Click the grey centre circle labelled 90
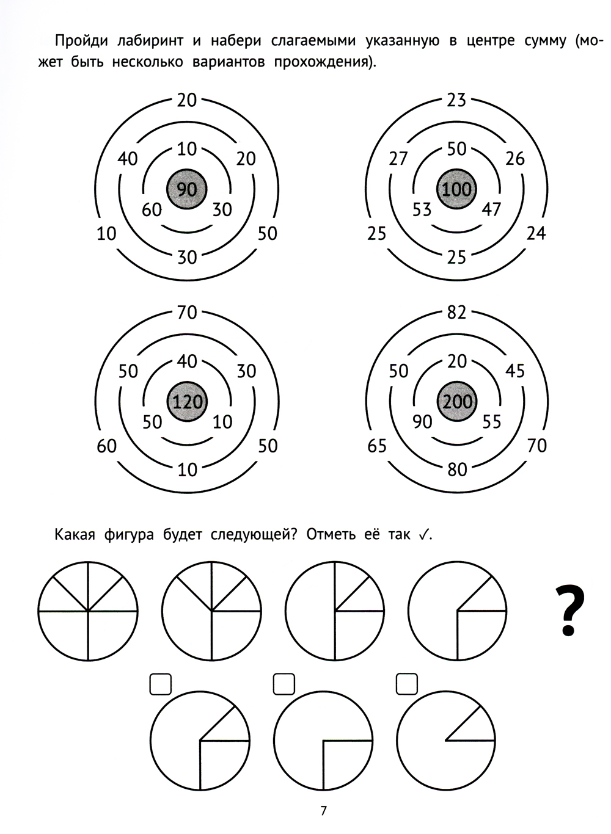click(x=186, y=189)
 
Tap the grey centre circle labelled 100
click(x=456, y=189)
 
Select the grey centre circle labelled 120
click(x=188, y=401)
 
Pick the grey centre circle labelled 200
click(x=457, y=401)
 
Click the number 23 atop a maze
click(x=456, y=100)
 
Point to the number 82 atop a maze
click(x=457, y=313)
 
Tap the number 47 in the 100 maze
click(x=491, y=209)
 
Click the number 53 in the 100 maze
click(x=422, y=209)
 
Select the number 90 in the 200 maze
click(x=422, y=422)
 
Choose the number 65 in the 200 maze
click(x=376, y=446)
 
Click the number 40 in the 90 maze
click(x=128, y=159)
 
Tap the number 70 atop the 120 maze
click(x=187, y=313)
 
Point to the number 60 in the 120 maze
click(x=106, y=446)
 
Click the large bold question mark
click(x=569, y=610)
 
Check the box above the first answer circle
click(x=161, y=684)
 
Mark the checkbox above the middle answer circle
click(x=284, y=684)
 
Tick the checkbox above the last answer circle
click(x=407, y=684)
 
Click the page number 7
click(x=323, y=808)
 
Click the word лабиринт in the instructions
click(x=150, y=40)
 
